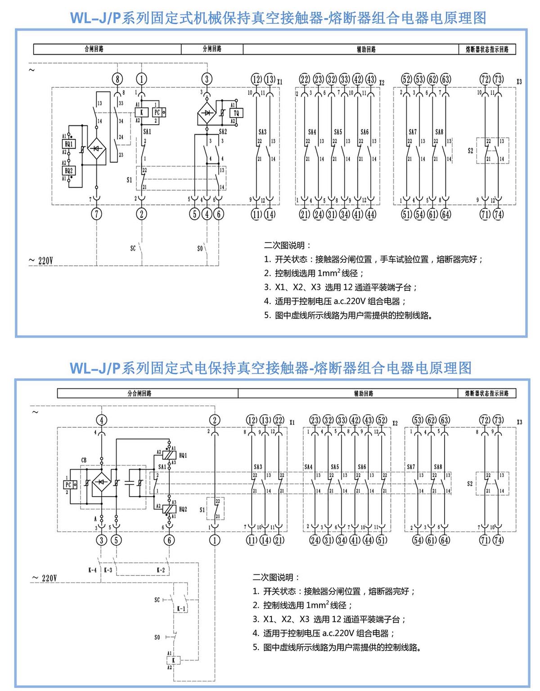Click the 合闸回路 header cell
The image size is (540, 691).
(94, 49)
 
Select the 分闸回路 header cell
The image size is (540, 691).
(212, 49)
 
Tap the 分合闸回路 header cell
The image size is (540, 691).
(139, 393)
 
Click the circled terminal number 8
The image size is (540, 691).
(117, 79)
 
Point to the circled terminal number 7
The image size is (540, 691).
(96, 214)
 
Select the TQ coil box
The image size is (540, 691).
(237, 113)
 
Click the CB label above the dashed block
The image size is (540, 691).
(84, 460)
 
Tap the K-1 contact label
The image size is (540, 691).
(181, 609)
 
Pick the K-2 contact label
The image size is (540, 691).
(161, 570)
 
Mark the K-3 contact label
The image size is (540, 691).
(108, 570)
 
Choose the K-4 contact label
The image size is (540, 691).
(92, 570)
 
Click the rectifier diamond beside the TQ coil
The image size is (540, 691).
(207, 113)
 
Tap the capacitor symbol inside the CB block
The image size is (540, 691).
(130, 483)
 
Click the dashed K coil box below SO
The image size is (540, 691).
(173, 660)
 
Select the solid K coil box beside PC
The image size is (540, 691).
(141, 113)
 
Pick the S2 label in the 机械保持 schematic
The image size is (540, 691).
(470, 151)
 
